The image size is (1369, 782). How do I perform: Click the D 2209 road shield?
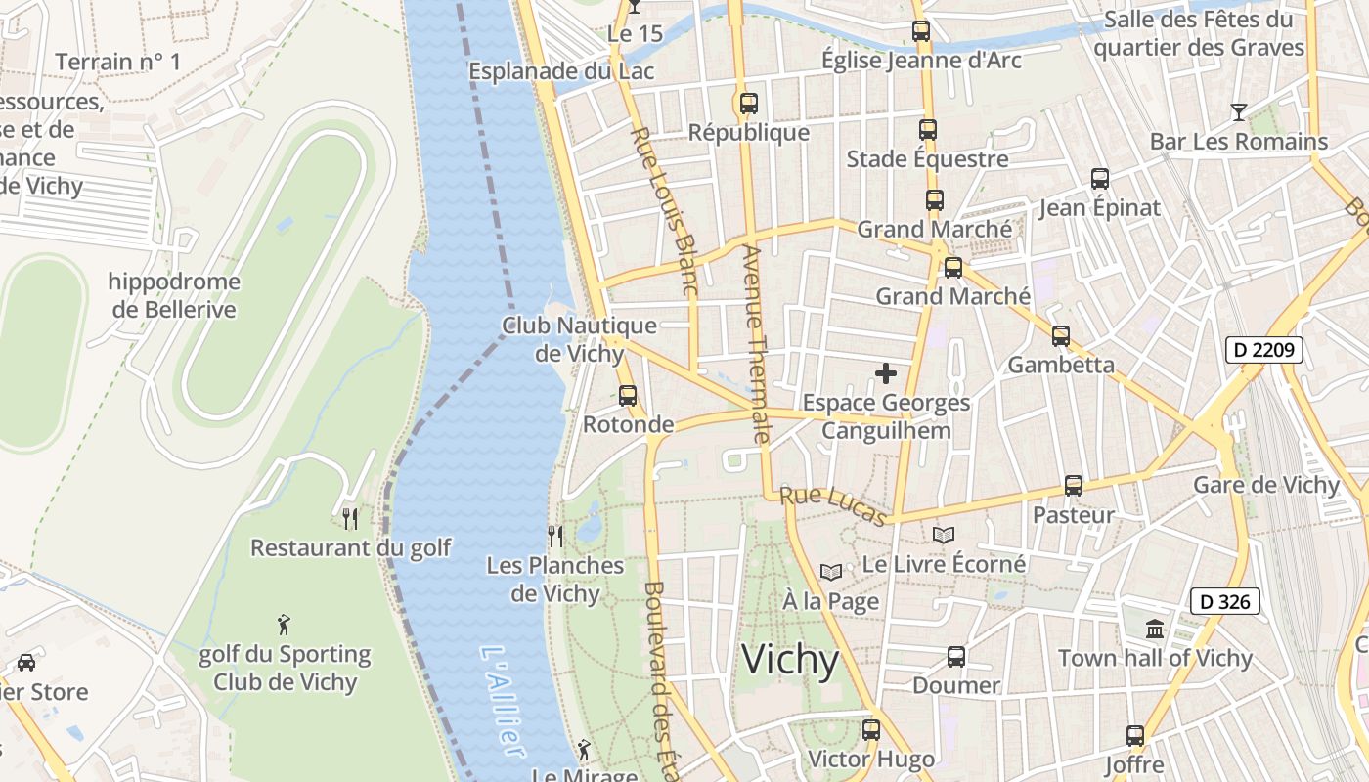1263,349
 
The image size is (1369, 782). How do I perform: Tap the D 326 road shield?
1224,601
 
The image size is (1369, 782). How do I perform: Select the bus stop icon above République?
749,103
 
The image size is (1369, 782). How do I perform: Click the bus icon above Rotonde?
628,395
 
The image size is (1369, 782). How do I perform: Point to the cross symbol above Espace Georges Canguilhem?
886,373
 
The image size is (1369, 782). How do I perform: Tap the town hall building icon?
1155,629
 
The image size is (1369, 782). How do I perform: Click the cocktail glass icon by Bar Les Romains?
1239,111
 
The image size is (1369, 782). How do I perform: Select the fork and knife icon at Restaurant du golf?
350,517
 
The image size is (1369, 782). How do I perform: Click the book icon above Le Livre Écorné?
943,535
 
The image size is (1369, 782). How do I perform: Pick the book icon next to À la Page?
830,572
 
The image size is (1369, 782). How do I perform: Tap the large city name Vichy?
790,661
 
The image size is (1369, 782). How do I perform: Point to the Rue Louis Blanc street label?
664,211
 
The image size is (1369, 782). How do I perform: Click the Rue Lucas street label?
834,505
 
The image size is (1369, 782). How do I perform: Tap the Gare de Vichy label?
1265,485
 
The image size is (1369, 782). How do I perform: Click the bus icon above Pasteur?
1073,486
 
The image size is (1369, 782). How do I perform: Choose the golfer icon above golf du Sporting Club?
284,624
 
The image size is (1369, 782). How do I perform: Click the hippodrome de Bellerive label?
174,295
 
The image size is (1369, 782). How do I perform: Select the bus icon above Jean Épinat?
1100,179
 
